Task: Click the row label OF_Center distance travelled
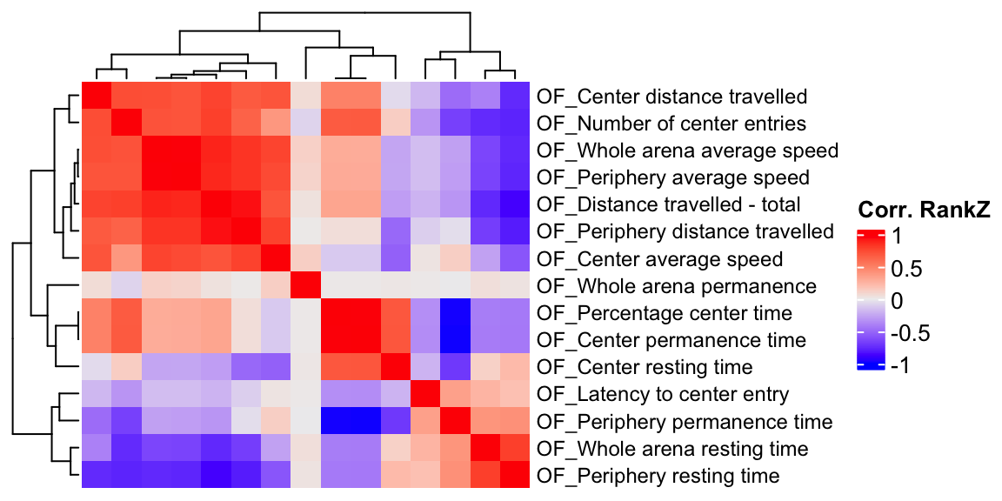(672, 97)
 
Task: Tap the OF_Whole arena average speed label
(688, 150)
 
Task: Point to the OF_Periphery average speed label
(673, 177)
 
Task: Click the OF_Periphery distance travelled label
(685, 232)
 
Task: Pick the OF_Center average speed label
(660, 259)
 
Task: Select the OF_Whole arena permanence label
(677, 286)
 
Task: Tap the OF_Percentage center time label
(665, 313)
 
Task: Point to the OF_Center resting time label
(645, 367)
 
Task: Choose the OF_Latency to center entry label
(663, 395)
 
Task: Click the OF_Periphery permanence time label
(685, 422)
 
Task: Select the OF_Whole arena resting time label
(673, 449)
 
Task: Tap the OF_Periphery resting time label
(658, 476)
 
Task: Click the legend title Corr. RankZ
(925, 210)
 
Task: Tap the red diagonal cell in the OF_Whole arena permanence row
(305, 286)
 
